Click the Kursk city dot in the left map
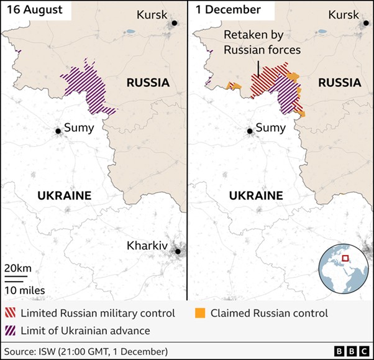(x=175, y=23)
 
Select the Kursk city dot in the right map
(x=365, y=23)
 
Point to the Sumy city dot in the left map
(x=58, y=131)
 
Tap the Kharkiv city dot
(x=178, y=251)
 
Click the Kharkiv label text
(x=147, y=246)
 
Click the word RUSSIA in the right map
(x=339, y=82)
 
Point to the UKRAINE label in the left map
(x=64, y=195)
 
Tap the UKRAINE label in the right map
(x=256, y=195)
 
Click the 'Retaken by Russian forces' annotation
(x=262, y=42)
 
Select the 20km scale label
(x=17, y=268)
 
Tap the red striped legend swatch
(x=11, y=313)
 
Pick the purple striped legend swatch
(x=11, y=330)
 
